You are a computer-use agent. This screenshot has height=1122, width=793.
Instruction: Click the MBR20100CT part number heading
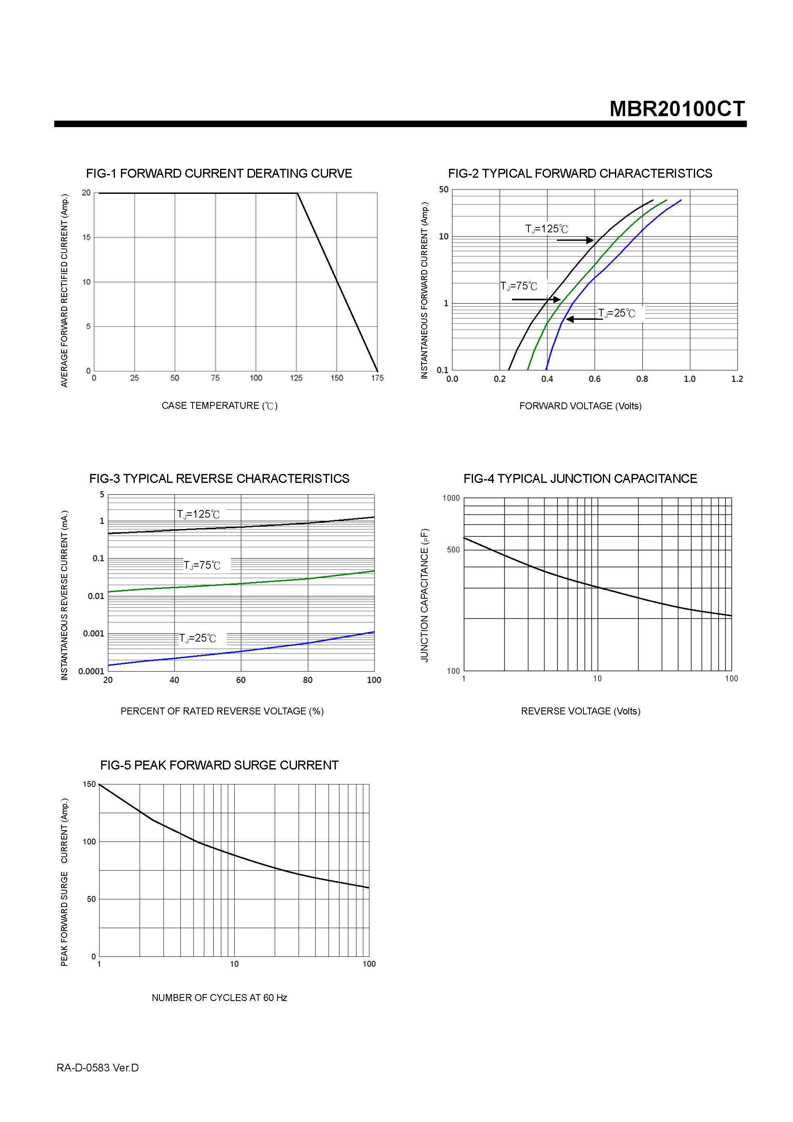(677, 108)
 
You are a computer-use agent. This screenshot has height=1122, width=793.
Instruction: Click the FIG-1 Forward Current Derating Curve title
(219, 174)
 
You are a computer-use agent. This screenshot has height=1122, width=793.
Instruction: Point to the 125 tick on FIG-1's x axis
(296, 378)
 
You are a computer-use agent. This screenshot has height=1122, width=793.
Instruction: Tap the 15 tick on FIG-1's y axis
(87, 238)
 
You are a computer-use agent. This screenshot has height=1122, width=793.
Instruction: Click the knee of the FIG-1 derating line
(297, 193)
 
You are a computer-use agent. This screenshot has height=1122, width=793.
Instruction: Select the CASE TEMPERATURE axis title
(219, 406)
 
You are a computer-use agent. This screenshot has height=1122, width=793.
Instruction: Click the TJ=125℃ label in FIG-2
(546, 229)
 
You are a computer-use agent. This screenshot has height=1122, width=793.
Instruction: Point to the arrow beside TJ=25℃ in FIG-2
(584, 319)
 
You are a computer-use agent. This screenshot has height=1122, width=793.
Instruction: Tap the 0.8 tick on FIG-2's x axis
(642, 379)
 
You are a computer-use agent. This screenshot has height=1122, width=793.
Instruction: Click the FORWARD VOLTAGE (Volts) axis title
(580, 406)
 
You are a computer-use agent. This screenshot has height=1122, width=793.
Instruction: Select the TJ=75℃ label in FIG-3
(202, 565)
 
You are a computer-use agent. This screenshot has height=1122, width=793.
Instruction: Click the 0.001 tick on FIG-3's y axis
(93, 634)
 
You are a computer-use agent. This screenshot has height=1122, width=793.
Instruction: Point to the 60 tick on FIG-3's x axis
(241, 680)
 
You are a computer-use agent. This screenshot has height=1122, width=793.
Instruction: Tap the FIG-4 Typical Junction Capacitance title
(580, 478)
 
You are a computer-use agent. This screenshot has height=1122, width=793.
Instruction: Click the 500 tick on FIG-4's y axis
(453, 550)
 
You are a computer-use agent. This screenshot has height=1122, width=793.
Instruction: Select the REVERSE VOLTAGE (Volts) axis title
(580, 711)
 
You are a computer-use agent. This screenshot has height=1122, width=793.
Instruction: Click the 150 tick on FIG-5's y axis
(89, 784)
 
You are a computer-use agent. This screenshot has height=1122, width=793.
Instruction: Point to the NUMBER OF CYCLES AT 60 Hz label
(219, 998)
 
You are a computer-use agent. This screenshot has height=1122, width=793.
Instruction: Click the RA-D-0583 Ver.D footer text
(98, 1068)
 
